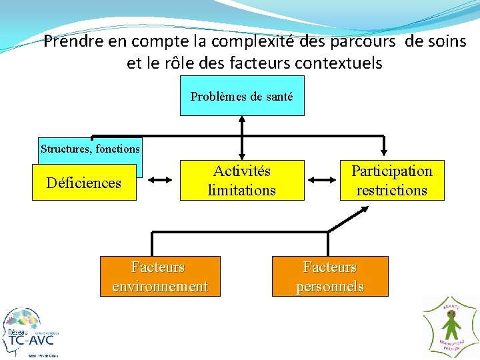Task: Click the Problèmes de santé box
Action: [x=241, y=96]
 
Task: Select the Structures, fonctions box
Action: [x=90, y=149]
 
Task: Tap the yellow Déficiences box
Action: [x=84, y=183]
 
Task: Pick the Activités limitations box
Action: [x=241, y=180]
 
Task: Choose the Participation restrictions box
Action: [x=391, y=180]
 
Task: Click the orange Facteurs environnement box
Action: [x=160, y=277]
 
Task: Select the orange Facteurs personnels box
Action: [x=329, y=277]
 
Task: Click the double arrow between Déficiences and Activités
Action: [x=159, y=180]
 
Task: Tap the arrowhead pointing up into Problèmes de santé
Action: [x=242, y=121]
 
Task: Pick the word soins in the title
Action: [x=447, y=41]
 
